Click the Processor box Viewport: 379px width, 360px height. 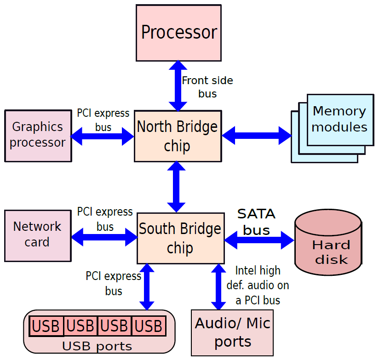pos(178,33)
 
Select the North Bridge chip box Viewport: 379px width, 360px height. pos(178,136)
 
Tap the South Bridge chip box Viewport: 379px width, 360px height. pos(181,238)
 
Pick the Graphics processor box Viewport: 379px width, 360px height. pos(38,136)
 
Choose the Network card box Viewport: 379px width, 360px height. pos(38,236)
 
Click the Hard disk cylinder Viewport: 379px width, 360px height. pos(328,242)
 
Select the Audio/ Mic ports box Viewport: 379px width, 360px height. pos(232,333)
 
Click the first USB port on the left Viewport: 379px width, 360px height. pos(46,326)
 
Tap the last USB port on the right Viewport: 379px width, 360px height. pos(149,326)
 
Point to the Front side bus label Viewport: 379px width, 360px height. pos(207,87)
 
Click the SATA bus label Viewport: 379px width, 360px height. pos(257,222)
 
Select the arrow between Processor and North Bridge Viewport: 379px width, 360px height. pos(178,86)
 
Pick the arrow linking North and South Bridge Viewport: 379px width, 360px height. pos(177,187)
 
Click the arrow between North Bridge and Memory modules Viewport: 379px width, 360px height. pos(257,136)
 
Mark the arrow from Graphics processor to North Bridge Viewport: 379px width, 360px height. pos(102,136)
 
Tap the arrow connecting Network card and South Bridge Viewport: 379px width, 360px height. pos(104,237)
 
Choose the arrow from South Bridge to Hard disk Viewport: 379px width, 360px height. pos(259,240)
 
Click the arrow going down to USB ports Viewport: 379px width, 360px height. pos(147,287)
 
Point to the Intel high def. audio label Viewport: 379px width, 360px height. pos(258,286)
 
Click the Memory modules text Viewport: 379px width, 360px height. pos(339,119)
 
